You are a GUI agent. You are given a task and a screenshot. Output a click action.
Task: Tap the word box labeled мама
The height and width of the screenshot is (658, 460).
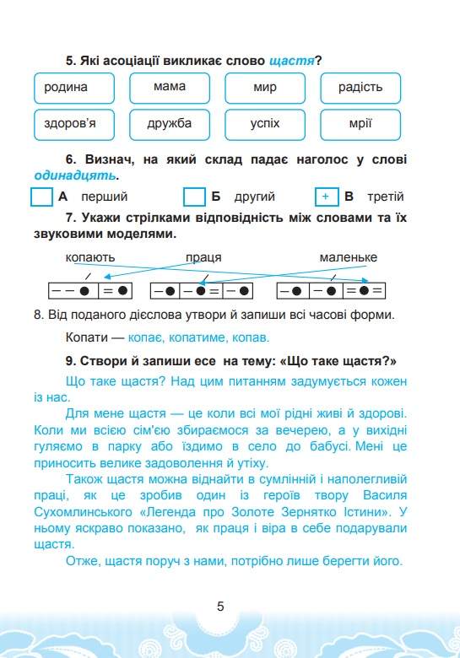[170, 88]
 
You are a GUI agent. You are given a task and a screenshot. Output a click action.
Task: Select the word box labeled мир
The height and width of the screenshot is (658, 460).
[264, 88]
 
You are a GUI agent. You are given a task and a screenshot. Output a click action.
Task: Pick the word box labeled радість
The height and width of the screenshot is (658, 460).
[360, 88]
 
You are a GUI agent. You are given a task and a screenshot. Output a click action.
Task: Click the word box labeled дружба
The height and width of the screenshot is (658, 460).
[170, 125]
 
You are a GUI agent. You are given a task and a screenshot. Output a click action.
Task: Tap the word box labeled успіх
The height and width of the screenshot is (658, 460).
[264, 125]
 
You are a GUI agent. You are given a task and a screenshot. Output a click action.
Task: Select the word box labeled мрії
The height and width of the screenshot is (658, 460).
[360, 125]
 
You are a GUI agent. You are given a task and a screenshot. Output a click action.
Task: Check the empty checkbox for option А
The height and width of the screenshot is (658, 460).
[41, 197]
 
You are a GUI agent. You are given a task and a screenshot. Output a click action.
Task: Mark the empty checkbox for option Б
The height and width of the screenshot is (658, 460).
[195, 197]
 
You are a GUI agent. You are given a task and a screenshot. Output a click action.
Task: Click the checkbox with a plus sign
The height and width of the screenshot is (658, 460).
[325, 197]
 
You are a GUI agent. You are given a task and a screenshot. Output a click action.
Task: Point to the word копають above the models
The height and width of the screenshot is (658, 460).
[89, 257]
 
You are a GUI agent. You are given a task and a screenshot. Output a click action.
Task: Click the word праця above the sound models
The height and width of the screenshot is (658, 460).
[203, 257]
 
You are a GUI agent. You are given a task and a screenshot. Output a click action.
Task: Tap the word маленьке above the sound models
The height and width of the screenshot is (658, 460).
[348, 257]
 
